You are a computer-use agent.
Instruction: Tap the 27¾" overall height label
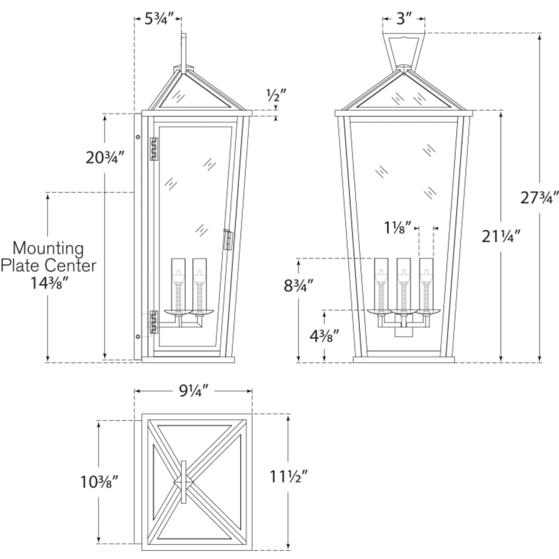[x=539, y=198]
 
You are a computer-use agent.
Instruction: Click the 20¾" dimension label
[x=105, y=158]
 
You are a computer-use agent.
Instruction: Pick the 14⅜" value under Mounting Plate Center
[x=49, y=283]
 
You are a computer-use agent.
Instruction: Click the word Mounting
[x=48, y=248]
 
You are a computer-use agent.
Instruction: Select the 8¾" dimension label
[x=299, y=285]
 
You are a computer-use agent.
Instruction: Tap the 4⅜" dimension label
[x=324, y=335]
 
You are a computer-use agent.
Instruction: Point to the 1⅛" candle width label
[x=398, y=227]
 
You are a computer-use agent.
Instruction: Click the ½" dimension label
[x=276, y=95]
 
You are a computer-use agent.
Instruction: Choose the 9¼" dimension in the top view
[x=193, y=391]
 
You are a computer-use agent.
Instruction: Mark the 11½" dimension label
[x=288, y=476]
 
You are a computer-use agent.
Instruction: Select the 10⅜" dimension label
[x=99, y=483]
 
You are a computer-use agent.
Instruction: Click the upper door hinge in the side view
[x=154, y=149]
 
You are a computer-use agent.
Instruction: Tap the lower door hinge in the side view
[x=154, y=322]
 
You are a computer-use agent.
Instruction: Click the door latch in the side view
[x=228, y=240]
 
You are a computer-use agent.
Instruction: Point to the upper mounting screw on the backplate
[x=138, y=137]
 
